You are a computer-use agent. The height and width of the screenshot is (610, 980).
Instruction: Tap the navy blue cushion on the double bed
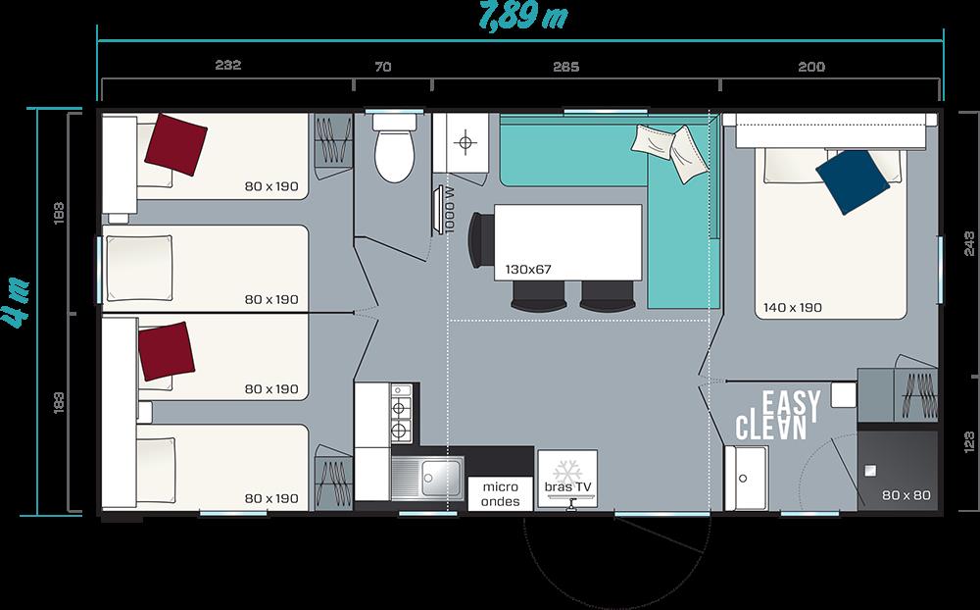pyautogui.click(x=853, y=182)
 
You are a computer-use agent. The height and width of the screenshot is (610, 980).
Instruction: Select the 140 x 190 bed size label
pyautogui.click(x=792, y=308)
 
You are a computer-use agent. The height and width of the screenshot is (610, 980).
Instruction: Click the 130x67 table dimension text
pyautogui.click(x=528, y=270)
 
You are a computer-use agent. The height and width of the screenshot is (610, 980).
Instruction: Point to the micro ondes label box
pyautogui.click(x=501, y=493)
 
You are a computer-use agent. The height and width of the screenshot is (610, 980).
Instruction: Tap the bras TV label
pyautogui.click(x=567, y=487)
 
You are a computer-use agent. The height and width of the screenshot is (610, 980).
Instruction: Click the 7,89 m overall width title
pyautogui.click(x=523, y=17)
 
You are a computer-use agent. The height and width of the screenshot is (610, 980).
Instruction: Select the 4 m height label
pyautogui.click(x=18, y=302)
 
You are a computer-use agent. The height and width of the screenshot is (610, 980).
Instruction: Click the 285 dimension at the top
pyautogui.click(x=565, y=67)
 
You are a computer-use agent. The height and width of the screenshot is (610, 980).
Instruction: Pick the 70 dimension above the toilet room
pyautogui.click(x=383, y=67)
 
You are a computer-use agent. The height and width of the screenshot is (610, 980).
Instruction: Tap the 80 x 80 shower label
pyautogui.click(x=906, y=495)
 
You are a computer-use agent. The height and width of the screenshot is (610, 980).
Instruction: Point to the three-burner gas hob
pyautogui.click(x=401, y=413)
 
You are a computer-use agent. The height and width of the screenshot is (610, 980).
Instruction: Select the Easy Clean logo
pyautogui.click(x=778, y=415)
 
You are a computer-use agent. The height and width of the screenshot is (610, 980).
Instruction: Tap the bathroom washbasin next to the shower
pyautogui.click(x=746, y=479)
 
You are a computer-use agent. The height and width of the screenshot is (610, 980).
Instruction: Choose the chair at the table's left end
pyautogui.click(x=480, y=239)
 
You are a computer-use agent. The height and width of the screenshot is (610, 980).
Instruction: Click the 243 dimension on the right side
pyautogui.click(x=969, y=243)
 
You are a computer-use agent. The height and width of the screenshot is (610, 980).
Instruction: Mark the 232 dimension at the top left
pyautogui.click(x=228, y=65)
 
